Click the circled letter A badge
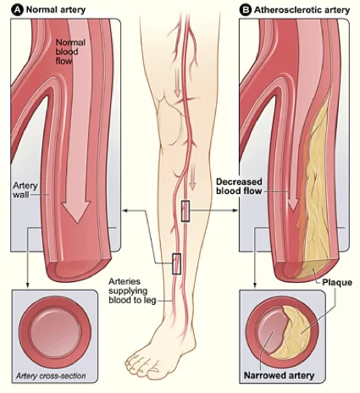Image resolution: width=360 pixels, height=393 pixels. click(x=17, y=10)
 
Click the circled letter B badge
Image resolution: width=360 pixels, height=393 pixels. click(x=245, y=10)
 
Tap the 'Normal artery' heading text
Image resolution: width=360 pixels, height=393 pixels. click(x=56, y=10)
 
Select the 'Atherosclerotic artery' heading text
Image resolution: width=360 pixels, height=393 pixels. click(x=302, y=10)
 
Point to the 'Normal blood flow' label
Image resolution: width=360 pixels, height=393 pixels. click(x=70, y=52)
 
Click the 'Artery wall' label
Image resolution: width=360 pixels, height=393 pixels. click(x=25, y=190)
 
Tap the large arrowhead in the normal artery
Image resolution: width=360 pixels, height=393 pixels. click(x=76, y=213)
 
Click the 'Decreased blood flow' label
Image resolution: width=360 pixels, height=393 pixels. click(x=239, y=186)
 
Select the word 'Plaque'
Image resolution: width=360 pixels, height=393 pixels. click(x=337, y=282)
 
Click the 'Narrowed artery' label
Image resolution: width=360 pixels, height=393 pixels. click(x=279, y=375)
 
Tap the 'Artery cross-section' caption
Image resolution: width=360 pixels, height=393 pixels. click(x=51, y=376)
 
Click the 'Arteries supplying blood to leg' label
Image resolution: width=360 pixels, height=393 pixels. click(x=132, y=291)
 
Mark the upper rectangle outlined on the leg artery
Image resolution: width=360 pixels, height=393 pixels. click(x=186, y=211)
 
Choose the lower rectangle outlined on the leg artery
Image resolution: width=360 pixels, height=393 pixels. click(x=177, y=264)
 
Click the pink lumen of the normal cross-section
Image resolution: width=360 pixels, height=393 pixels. click(x=55, y=330)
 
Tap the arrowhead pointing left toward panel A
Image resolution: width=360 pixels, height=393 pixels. click(x=125, y=210)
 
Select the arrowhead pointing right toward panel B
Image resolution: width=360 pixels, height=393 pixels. click(x=235, y=210)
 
